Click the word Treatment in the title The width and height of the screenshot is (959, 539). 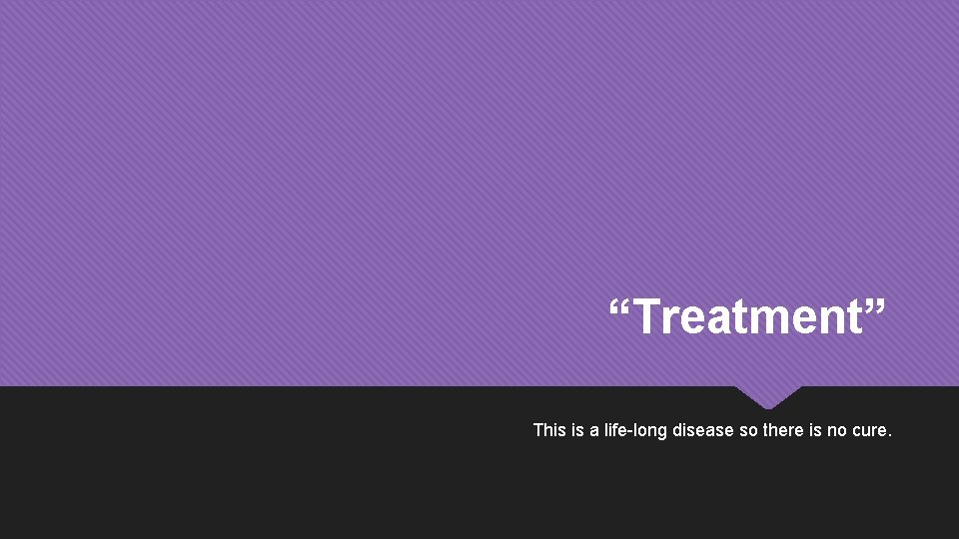click(747, 318)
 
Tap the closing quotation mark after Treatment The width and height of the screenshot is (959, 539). click(873, 305)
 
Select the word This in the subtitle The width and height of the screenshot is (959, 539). click(549, 430)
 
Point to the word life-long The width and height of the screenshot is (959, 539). click(636, 430)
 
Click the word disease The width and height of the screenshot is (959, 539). click(703, 430)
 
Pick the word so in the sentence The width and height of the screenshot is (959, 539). click(748, 430)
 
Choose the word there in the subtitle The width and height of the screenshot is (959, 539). click(783, 430)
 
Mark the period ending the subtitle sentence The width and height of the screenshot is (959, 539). click(889, 435)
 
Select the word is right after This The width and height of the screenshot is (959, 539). click(576, 430)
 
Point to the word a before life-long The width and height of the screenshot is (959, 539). click(594, 431)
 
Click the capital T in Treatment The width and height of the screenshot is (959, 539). click(644, 318)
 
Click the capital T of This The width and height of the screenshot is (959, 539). click(538, 430)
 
